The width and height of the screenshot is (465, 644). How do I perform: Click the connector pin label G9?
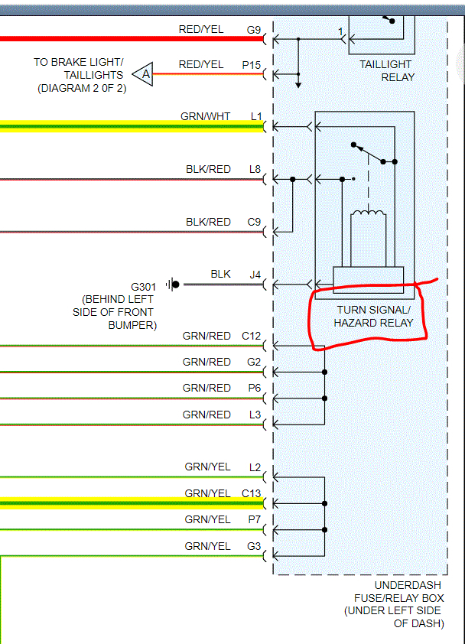point(253,30)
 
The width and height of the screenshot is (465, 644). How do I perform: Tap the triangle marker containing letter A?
point(142,74)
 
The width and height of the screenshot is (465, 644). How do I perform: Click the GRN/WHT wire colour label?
point(206,116)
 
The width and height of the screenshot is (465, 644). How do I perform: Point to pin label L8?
point(255,169)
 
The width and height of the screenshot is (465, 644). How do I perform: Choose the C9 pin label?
point(254,222)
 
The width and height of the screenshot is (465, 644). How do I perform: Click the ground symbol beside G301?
point(174,285)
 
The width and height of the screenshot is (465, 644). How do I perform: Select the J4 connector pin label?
point(255,274)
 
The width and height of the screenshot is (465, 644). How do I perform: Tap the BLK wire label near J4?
point(220,274)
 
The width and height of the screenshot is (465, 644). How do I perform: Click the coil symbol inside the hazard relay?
point(368,215)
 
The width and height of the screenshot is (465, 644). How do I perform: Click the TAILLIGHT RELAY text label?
point(387,70)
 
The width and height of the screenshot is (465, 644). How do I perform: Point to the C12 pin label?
point(252,336)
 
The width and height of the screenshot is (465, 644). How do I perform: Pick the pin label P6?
point(255,388)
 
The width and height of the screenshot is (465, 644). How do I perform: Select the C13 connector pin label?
point(252,493)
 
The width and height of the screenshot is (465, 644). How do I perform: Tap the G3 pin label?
point(254,546)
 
